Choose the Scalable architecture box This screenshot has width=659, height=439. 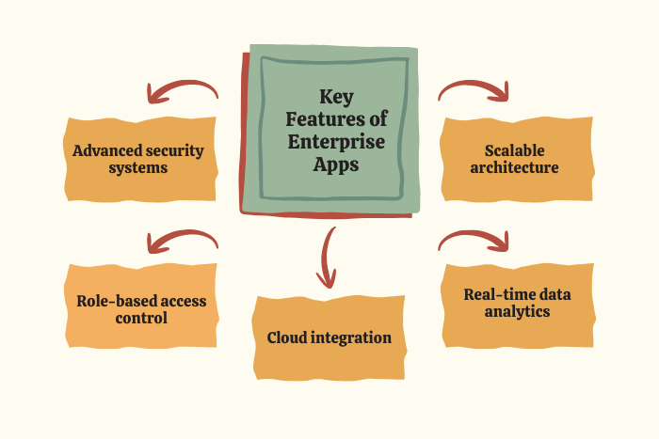(x=516, y=159)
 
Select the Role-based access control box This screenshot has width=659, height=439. (x=141, y=309)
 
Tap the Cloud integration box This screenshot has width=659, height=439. (x=329, y=337)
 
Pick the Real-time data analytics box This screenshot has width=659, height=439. (x=516, y=302)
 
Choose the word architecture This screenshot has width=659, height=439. (x=516, y=168)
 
